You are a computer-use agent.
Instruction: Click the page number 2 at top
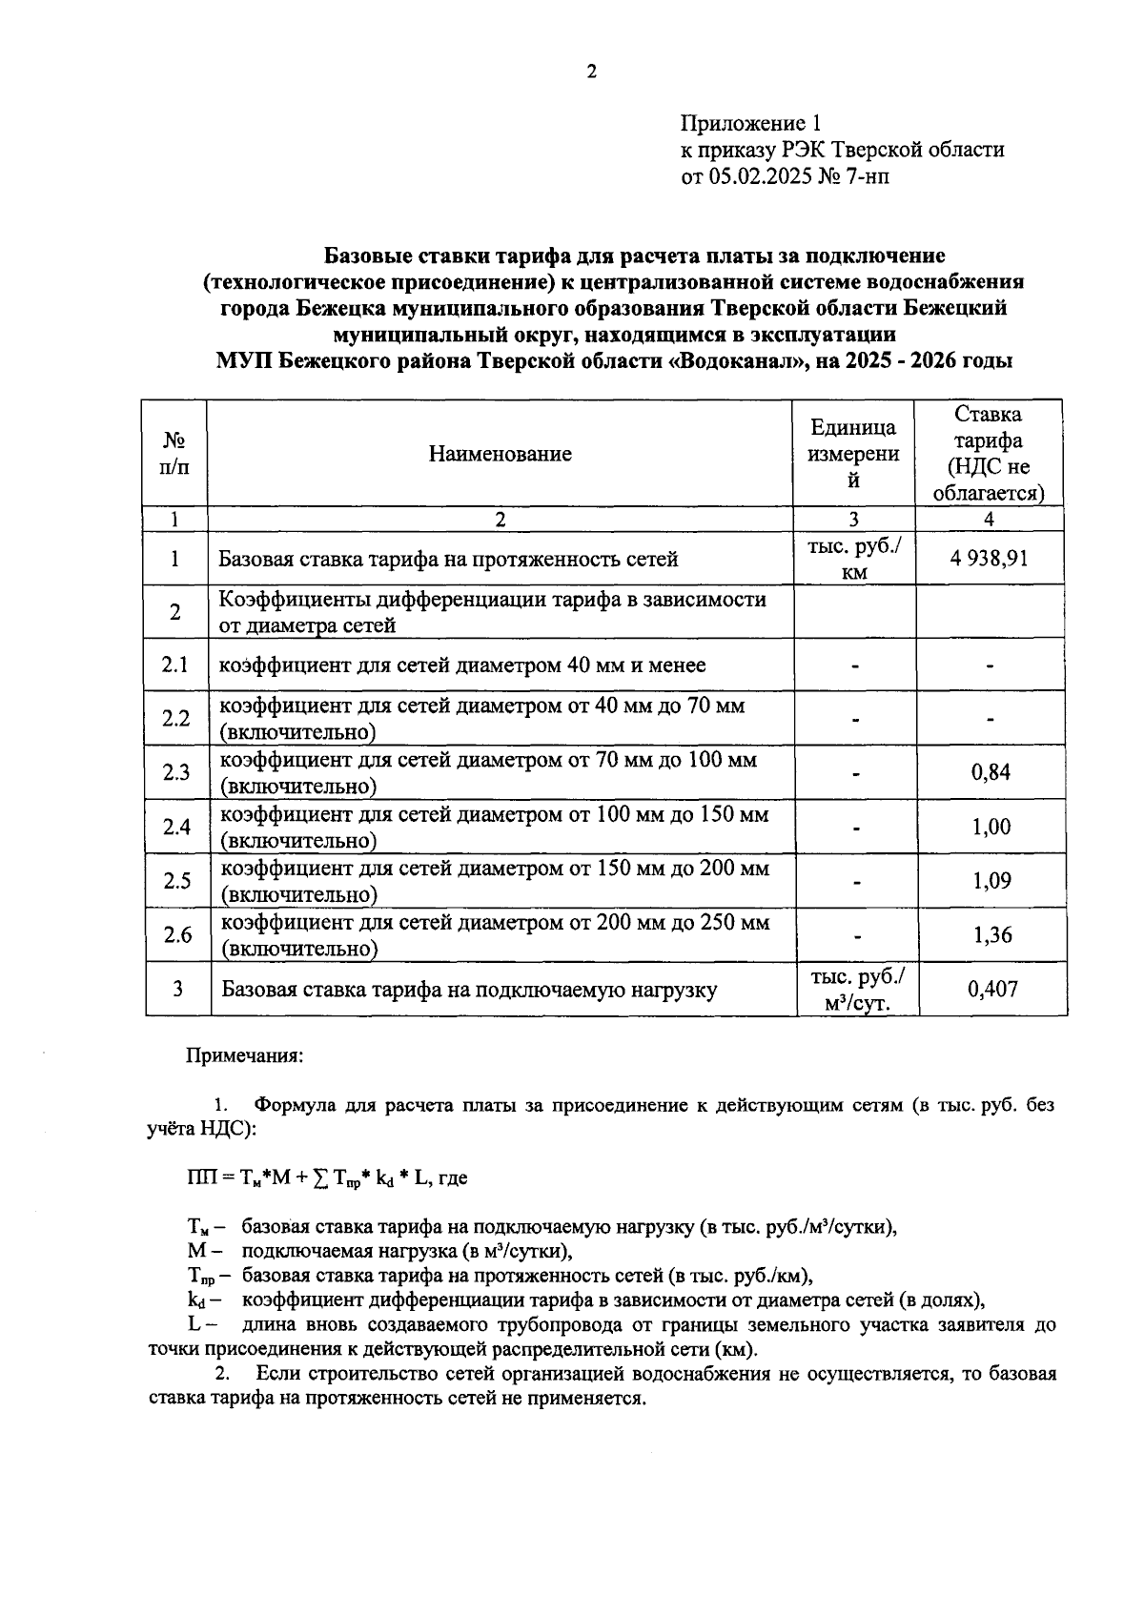coord(591,72)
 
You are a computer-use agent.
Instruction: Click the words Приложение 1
coord(750,124)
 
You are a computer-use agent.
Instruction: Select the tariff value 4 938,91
coord(989,558)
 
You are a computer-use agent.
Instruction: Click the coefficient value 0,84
coord(991,772)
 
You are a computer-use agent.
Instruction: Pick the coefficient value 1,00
coord(991,827)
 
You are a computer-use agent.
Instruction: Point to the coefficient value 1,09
coord(991,880)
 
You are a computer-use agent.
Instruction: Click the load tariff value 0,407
coord(992,989)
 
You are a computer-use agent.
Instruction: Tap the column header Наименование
coord(500,454)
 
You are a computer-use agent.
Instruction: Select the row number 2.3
coord(176,772)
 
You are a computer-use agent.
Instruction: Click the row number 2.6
coord(177,934)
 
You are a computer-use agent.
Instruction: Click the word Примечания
coord(244,1056)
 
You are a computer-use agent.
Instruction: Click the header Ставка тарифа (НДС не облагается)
coord(989,454)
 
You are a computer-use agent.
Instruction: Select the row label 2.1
coord(175,665)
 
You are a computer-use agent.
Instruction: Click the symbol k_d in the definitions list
coord(198,1300)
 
